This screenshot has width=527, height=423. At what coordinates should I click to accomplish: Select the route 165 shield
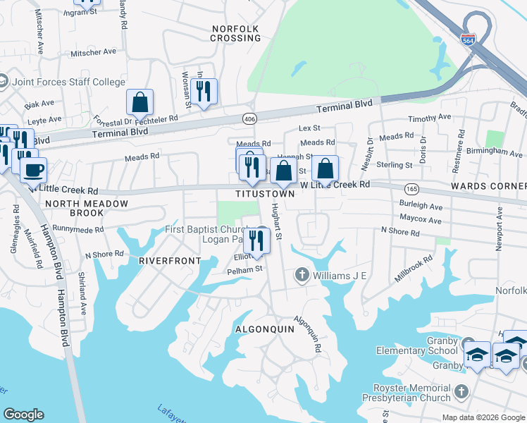(x=412, y=189)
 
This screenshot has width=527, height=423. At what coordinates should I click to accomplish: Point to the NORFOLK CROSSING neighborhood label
(x=235, y=33)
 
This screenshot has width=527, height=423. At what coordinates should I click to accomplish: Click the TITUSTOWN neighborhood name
(x=266, y=194)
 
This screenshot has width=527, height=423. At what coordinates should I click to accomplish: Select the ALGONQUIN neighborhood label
(x=263, y=329)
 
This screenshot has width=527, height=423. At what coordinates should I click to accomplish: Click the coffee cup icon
(x=32, y=168)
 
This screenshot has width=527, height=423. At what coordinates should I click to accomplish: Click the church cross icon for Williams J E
(x=302, y=274)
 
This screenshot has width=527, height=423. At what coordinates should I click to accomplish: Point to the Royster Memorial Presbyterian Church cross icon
(x=461, y=391)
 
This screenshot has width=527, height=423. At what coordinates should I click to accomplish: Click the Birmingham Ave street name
(x=497, y=151)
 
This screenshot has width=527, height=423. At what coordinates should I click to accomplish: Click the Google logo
(x=23, y=415)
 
